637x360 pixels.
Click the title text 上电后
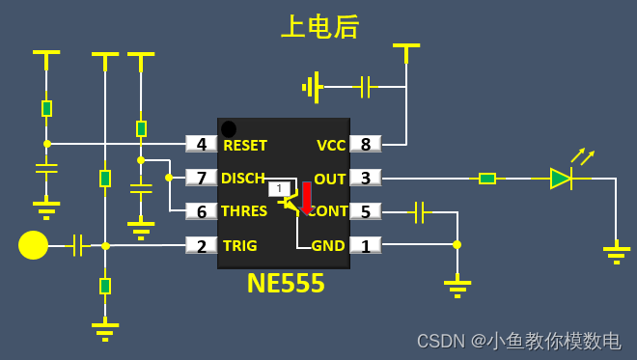pyautogui.click(x=319, y=27)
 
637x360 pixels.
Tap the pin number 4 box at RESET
pyautogui.click(x=202, y=145)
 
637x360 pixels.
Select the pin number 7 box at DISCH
pyautogui.click(x=202, y=178)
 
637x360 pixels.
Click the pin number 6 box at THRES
pyautogui.click(x=202, y=211)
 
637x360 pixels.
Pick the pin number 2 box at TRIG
pyautogui.click(x=202, y=245)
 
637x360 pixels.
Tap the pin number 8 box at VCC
pyautogui.click(x=365, y=145)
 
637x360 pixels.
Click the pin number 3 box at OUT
pyautogui.click(x=365, y=178)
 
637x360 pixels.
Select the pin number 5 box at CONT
pyautogui.click(x=365, y=211)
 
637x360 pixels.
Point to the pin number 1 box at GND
pyautogui.click(x=365, y=245)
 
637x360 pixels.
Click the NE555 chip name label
pyautogui.click(x=285, y=284)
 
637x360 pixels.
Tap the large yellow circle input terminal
pyautogui.click(x=33, y=245)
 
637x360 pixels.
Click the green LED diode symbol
pyautogui.click(x=561, y=178)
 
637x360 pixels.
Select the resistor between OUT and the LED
pyautogui.click(x=487, y=178)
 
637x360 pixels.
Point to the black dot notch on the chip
pyautogui.click(x=228, y=129)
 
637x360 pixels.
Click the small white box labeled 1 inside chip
pyautogui.click(x=279, y=189)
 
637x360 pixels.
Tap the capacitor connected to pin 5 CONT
pyautogui.click(x=419, y=211)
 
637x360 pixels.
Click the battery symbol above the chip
pyautogui.click(x=312, y=87)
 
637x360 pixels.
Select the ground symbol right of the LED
pyautogui.click(x=616, y=255)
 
